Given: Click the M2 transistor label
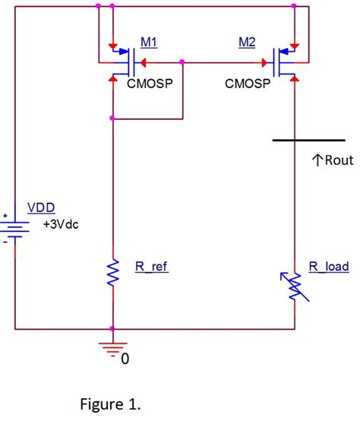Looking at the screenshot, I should (247, 43).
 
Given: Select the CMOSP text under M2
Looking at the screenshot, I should (248, 83).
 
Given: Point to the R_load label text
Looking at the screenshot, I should (328, 267).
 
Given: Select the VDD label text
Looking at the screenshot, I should (41, 207).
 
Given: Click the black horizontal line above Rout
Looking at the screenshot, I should (308, 141).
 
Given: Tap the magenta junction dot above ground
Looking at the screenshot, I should (112, 329).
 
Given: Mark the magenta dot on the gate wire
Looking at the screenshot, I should (183, 62).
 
